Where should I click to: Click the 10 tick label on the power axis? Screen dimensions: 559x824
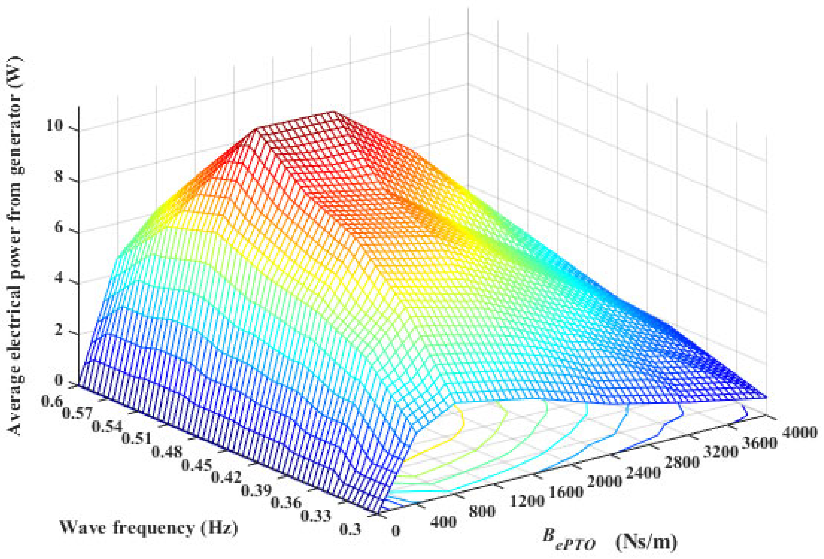coord(55,125)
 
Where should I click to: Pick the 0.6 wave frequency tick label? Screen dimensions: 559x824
coord(52,402)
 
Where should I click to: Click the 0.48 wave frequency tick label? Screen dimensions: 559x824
coord(167,452)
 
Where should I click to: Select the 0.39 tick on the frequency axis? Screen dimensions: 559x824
coord(256,490)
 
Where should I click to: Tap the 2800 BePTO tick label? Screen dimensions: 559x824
coord(682,462)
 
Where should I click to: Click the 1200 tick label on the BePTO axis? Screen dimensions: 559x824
coord(527,501)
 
